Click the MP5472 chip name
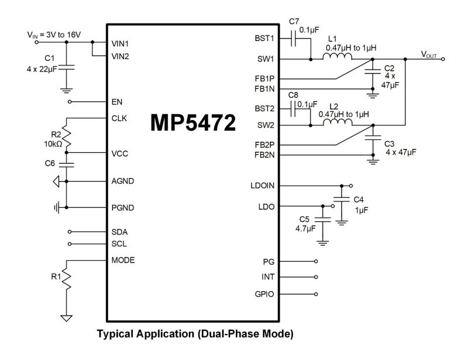(x=194, y=122)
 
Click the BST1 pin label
(x=264, y=39)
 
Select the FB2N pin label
(x=264, y=155)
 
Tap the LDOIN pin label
(x=261, y=186)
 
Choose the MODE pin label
(x=123, y=260)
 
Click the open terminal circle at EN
(x=70, y=101)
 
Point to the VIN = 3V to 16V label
(x=54, y=35)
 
